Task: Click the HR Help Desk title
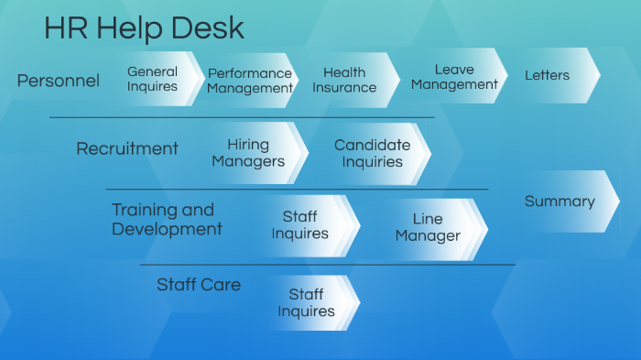pyautogui.click(x=144, y=28)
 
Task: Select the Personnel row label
pyautogui.click(x=58, y=81)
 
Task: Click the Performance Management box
pyautogui.click(x=249, y=81)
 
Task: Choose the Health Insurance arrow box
pyautogui.click(x=345, y=80)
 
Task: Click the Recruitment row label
pyautogui.click(x=127, y=148)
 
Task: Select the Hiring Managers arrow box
pyautogui.click(x=249, y=152)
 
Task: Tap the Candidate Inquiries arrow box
pyautogui.click(x=372, y=153)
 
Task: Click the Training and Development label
pyautogui.click(x=167, y=219)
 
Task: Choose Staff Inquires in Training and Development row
pyautogui.click(x=300, y=225)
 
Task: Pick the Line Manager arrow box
pyautogui.click(x=428, y=227)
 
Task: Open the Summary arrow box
pyautogui.click(x=560, y=202)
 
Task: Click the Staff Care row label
pyautogui.click(x=199, y=285)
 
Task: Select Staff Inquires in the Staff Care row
pyautogui.click(x=306, y=302)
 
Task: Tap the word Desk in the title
pyautogui.click(x=212, y=28)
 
